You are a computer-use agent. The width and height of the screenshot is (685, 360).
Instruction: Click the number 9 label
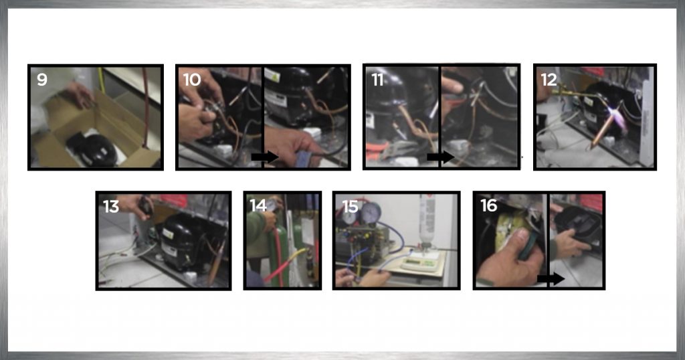click(42, 80)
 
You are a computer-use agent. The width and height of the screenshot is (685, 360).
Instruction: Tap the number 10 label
click(192, 80)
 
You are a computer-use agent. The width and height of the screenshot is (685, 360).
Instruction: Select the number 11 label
click(377, 80)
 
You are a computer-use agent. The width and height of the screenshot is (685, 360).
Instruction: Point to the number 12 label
click(549, 80)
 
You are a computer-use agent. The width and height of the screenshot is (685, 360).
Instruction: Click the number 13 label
click(111, 206)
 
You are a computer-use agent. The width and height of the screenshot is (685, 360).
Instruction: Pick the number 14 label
click(258, 205)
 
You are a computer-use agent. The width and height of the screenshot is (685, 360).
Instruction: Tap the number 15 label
click(350, 206)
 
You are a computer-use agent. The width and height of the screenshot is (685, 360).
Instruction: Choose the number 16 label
click(488, 205)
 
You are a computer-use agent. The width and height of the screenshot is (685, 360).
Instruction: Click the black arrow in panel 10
click(265, 157)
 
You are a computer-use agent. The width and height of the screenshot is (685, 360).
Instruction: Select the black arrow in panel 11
click(440, 157)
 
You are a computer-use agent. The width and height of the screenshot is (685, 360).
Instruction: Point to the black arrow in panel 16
click(551, 279)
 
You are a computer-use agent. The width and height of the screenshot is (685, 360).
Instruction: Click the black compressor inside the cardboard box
click(92, 149)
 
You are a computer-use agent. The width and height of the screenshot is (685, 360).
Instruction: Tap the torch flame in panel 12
click(615, 117)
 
